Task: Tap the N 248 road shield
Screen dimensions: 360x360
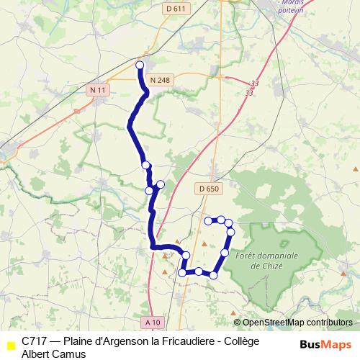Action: click(161, 79)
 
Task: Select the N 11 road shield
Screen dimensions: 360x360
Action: click(98, 90)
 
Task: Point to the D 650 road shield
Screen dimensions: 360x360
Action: click(207, 189)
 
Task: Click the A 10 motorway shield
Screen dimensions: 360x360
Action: click(152, 321)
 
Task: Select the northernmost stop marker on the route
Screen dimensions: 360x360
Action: click(140, 65)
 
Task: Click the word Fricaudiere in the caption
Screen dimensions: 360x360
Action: click(176, 341)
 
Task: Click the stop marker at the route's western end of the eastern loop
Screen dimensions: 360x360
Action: click(183, 273)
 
